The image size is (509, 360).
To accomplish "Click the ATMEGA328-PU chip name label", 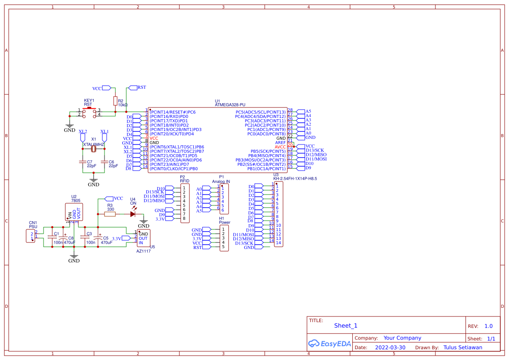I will (x=230, y=105).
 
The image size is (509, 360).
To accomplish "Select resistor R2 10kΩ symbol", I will (x=115, y=101).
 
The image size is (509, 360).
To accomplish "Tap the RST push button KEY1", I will (x=89, y=112).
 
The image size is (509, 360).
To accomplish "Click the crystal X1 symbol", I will (x=94, y=149).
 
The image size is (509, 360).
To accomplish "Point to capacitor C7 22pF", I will (x=83, y=162).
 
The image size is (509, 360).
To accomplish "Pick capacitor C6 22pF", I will (x=104, y=162).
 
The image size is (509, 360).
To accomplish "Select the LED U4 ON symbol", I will (x=133, y=214).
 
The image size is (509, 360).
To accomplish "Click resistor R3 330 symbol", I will (x=110, y=214).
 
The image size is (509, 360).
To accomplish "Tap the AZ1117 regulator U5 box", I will (x=143, y=239).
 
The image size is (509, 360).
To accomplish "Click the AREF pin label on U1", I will (x=280, y=143).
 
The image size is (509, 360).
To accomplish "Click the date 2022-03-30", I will (x=390, y=347).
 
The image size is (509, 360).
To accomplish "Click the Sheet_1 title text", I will (x=346, y=326).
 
